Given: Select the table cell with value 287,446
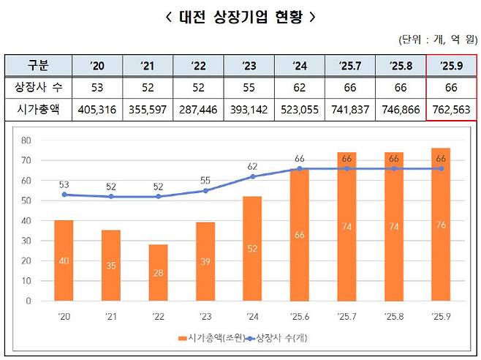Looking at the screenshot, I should pos(197,110).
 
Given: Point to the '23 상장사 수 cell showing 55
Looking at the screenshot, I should pos(248,88).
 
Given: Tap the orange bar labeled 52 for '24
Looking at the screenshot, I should pos(252,248).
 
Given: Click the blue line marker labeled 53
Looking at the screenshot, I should pos(64,195).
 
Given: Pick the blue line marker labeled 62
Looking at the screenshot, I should pos(252,176).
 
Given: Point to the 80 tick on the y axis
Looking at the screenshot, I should pos(26,140).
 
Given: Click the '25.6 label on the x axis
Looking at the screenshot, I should pos(299,317).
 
